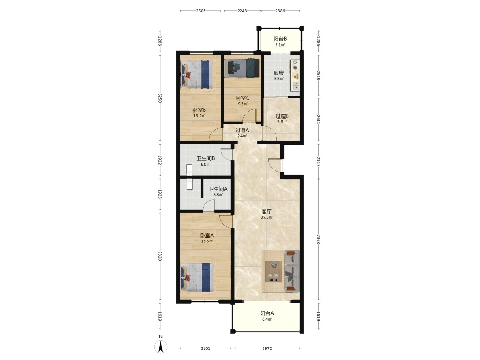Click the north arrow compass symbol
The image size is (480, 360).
click(x=160, y=347)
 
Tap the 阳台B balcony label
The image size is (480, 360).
click(x=280, y=39)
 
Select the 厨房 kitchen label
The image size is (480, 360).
click(x=278, y=73)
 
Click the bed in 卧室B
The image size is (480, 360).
click(x=197, y=75)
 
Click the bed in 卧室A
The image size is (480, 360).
click(x=197, y=277)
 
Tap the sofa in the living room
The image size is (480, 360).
click(x=292, y=271)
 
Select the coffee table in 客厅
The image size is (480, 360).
click(x=274, y=271)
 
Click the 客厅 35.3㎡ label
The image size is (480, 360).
click(x=266, y=214)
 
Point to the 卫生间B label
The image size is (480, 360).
click(x=205, y=158)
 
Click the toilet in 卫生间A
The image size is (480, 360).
click(x=189, y=184)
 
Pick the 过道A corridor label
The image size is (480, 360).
click(x=242, y=130)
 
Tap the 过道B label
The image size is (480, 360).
click(x=282, y=116)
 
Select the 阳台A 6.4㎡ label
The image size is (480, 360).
click(x=267, y=316)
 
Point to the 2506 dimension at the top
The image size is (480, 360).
click(x=201, y=11)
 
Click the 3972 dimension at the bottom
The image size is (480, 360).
click(x=267, y=348)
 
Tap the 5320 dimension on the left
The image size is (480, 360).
click(x=160, y=256)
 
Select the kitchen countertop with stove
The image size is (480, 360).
click(x=295, y=75)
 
